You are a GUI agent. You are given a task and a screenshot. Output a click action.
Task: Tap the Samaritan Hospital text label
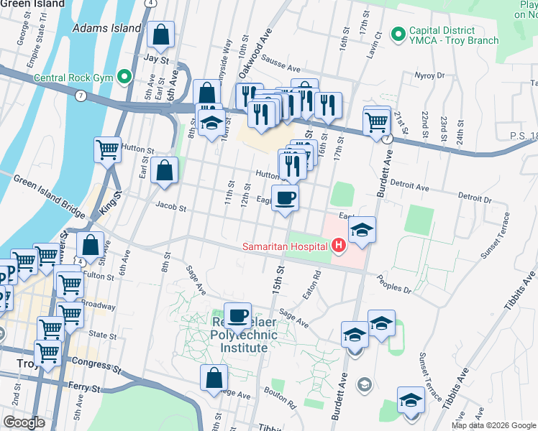pos(286,247)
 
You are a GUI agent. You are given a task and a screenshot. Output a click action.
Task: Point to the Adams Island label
pos(107,28)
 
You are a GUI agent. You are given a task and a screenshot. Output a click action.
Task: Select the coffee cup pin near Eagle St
pos(286,198)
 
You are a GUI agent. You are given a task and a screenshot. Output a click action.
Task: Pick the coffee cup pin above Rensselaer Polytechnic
pos(237,315)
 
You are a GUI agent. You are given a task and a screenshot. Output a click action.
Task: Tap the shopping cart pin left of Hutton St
pos(107,150)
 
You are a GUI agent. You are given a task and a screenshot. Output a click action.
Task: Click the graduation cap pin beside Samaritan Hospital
pos(362,231)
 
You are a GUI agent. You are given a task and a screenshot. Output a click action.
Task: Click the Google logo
pos(24,422)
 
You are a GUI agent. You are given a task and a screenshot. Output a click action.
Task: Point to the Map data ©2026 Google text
pos(493,425)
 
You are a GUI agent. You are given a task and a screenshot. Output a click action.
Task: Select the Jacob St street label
pos(172,209)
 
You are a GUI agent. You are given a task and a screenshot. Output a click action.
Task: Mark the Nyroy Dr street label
pos(431,75)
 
